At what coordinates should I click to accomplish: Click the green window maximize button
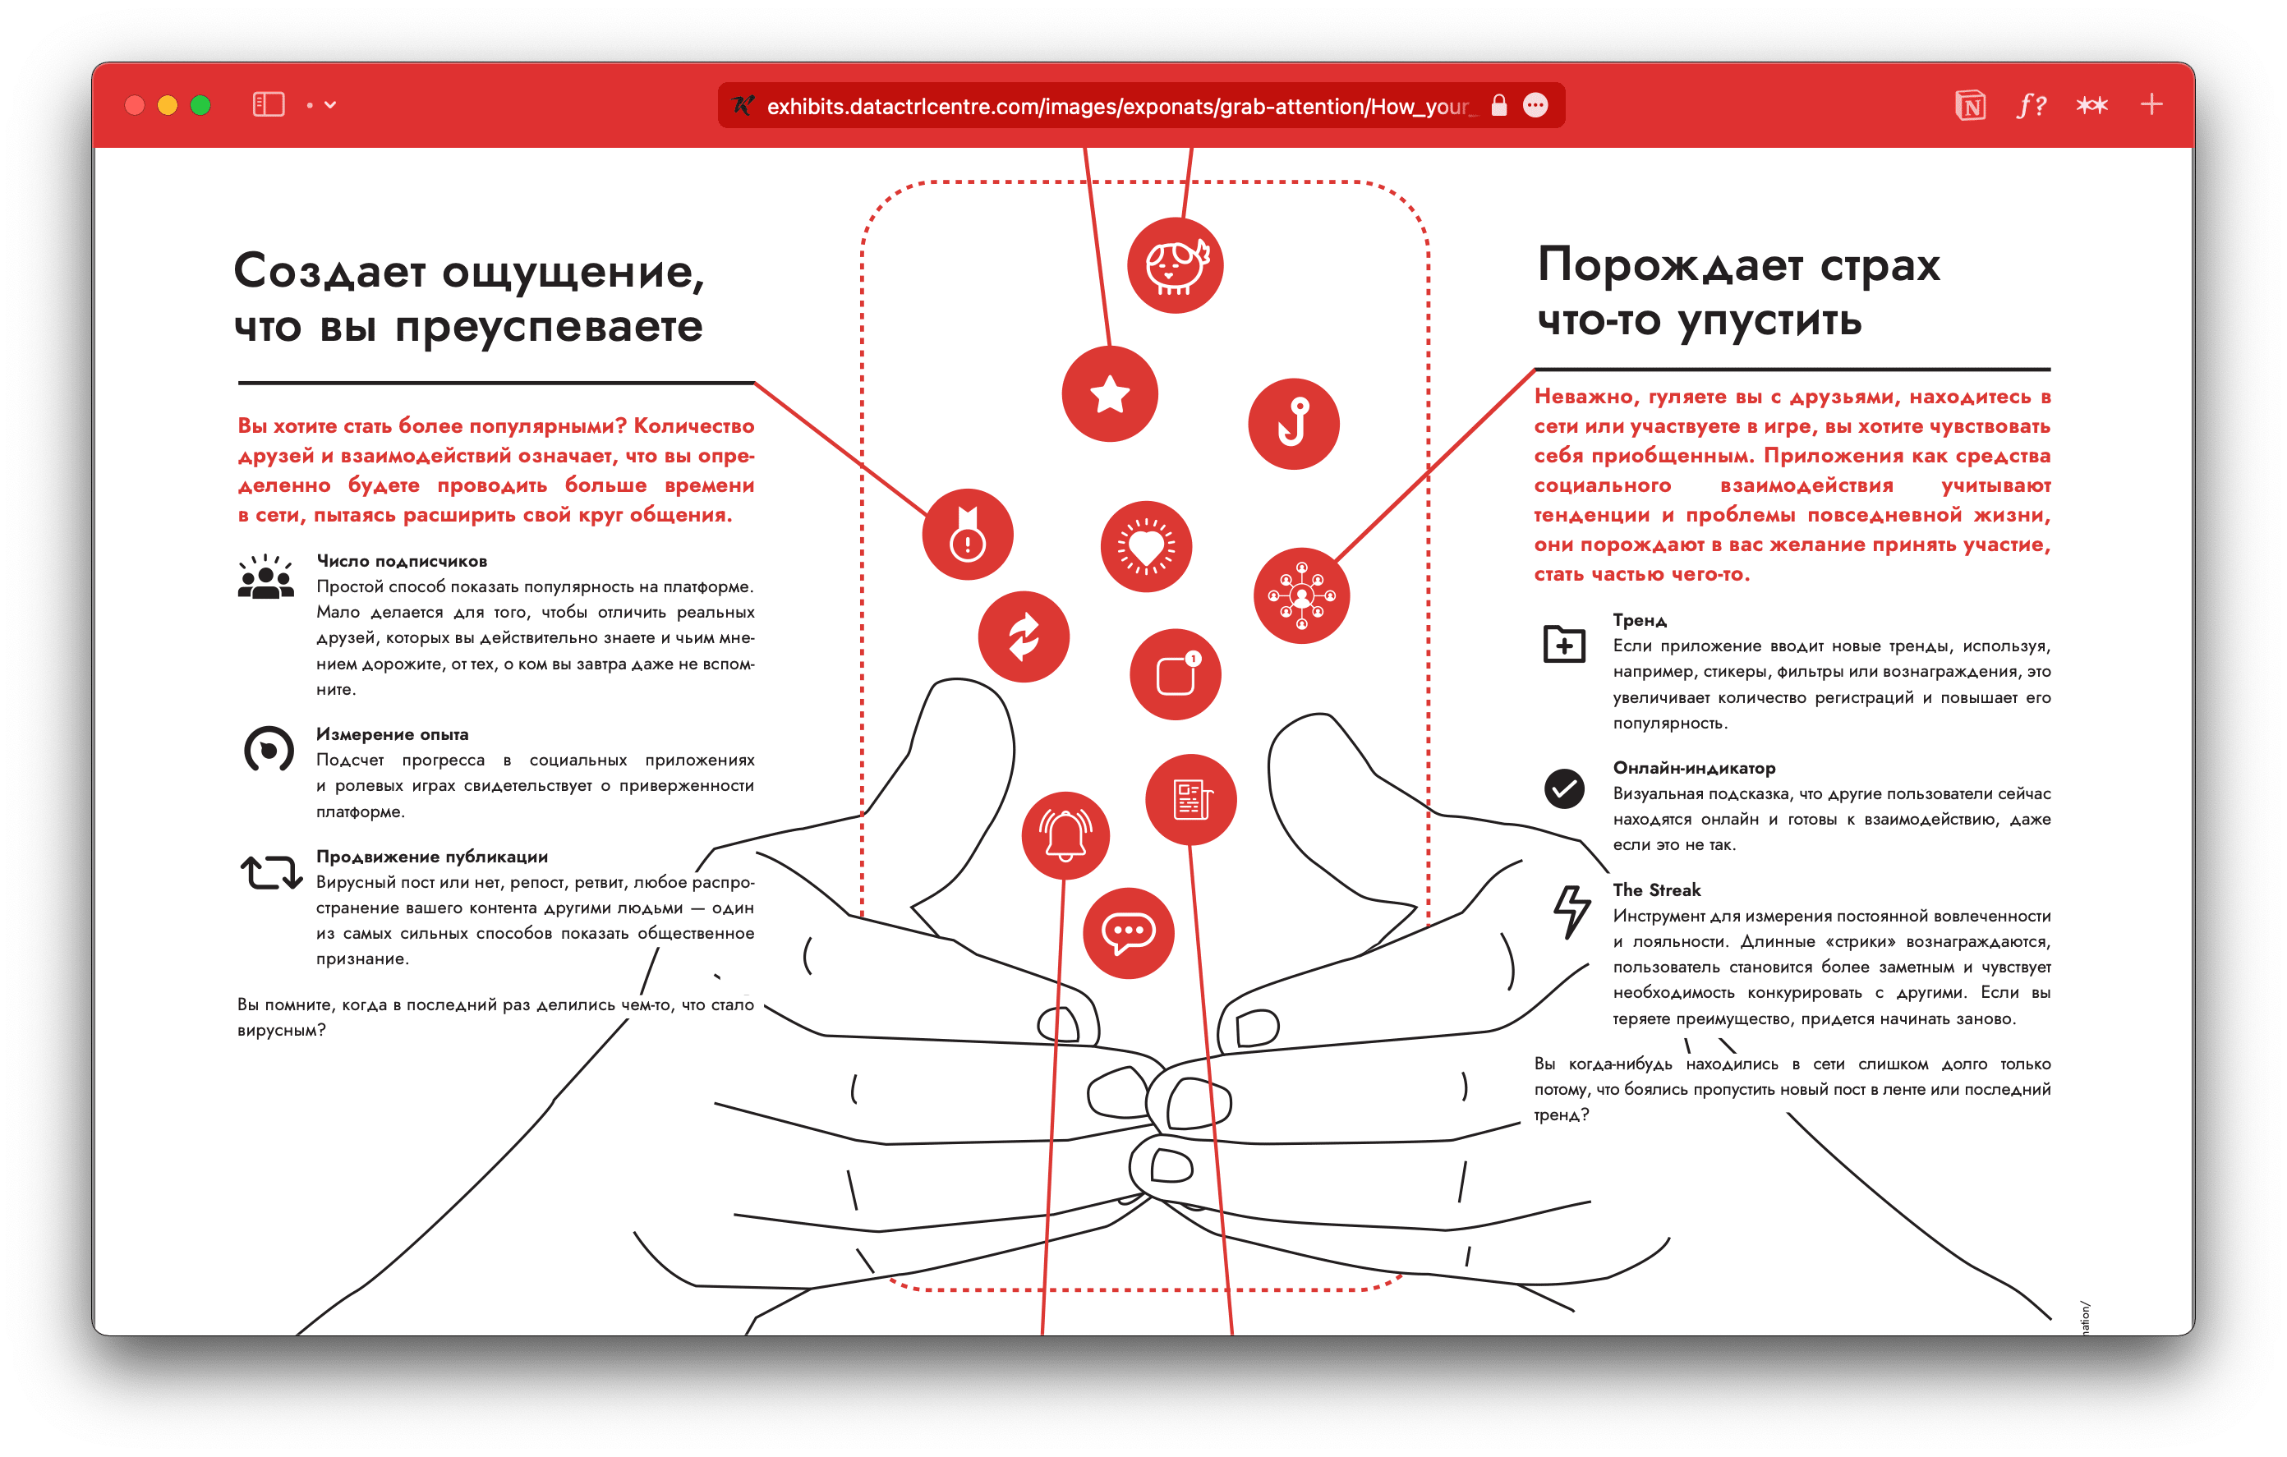(x=200, y=105)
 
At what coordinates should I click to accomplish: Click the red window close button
(x=135, y=105)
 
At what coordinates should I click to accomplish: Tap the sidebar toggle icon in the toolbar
(x=269, y=104)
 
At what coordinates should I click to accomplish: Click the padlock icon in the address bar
(x=1498, y=105)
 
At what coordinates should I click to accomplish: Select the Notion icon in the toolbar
(x=1970, y=105)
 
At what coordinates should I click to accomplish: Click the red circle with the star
(x=1109, y=394)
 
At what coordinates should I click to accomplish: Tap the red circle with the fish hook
(x=1294, y=424)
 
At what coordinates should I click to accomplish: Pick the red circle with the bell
(x=1065, y=835)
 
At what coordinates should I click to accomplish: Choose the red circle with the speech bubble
(x=1129, y=933)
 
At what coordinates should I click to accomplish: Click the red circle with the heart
(x=1146, y=547)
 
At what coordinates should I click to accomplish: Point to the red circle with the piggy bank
(x=1175, y=266)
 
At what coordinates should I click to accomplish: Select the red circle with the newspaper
(x=1191, y=800)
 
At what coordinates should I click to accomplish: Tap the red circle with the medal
(x=968, y=535)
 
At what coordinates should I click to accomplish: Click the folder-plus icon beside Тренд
(x=1563, y=645)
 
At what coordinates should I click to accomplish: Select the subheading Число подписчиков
(x=402, y=561)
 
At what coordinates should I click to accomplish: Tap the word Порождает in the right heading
(x=1670, y=265)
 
